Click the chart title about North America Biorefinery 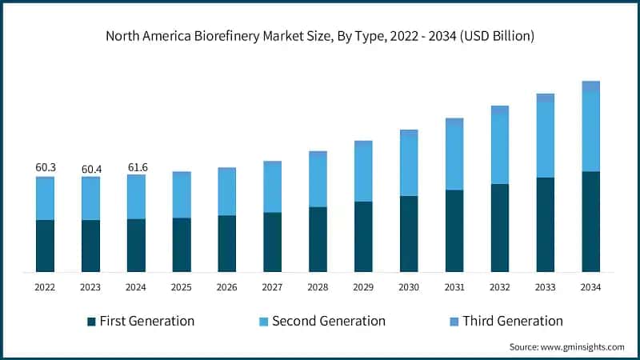(x=320, y=36)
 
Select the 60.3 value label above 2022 (x=46, y=168)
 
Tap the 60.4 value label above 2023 (x=91, y=169)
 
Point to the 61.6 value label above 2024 (x=137, y=167)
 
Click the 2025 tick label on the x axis (x=182, y=286)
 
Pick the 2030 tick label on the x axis (x=409, y=286)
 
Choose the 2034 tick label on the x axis (x=590, y=286)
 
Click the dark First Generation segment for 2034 (x=590, y=222)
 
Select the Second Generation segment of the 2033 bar (x=545, y=140)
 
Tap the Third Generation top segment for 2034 (x=590, y=86)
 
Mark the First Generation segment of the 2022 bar (x=46, y=246)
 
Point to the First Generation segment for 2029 (x=363, y=236)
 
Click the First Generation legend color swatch (x=92, y=322)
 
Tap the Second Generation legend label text (x=329, y=321)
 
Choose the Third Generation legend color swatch (x=454, y=322)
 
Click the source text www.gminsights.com (x=566, y=346)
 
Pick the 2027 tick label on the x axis (x=273, y=286)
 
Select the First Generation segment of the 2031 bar (x=454, y=230)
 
